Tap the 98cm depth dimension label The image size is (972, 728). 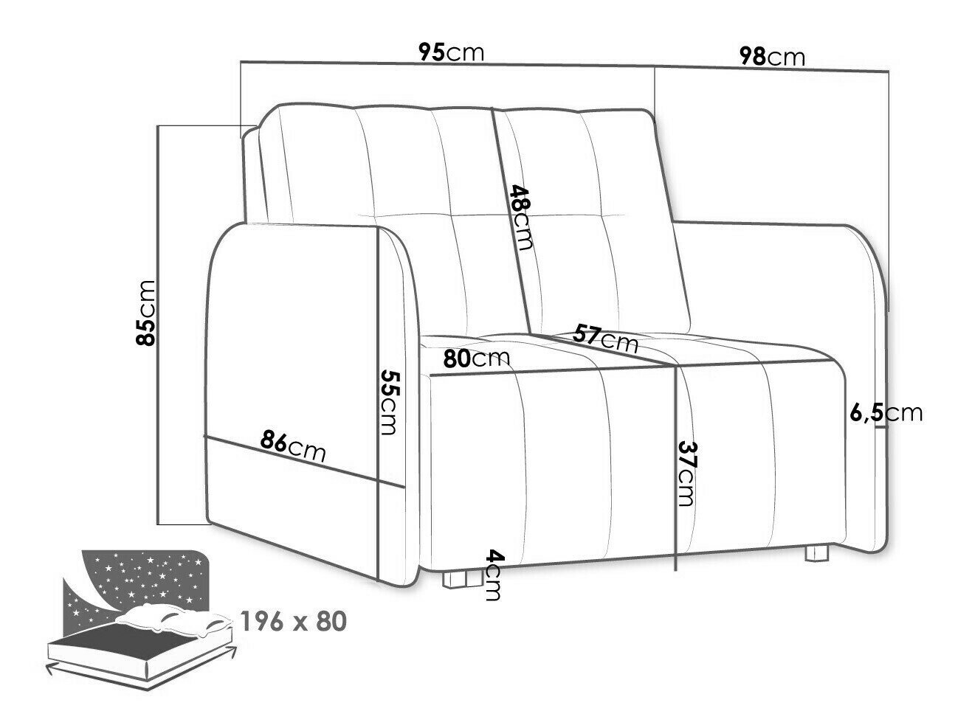tap(771, 56)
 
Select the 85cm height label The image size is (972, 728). tap(146, 313)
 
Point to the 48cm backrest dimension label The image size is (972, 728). tap(520, 218)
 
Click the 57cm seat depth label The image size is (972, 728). tap(605, 338)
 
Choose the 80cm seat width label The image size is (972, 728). tap(476, 359)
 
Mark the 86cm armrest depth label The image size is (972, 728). tap(292, 445)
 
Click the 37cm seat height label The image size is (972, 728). tap(686, 474)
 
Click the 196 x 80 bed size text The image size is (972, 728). tap(293, 622)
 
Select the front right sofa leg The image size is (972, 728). tap(816, 553)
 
